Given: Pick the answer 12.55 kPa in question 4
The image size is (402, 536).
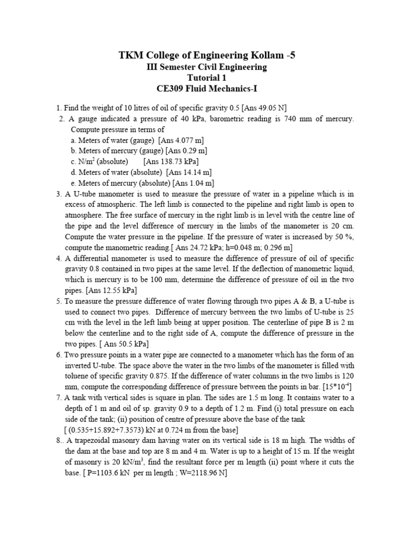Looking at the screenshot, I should (116, 289).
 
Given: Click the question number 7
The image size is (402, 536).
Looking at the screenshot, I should (59, 397).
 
